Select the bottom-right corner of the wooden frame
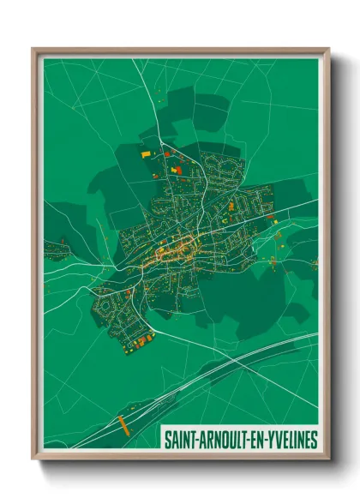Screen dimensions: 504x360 pyautogui.click(x=329, y=459)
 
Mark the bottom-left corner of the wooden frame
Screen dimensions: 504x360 pyautogui.click(x=33, y=459)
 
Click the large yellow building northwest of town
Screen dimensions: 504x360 pyautogui.click(x=145, y=153)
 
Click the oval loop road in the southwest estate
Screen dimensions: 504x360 pyautogui.click(x=106, y=303)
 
